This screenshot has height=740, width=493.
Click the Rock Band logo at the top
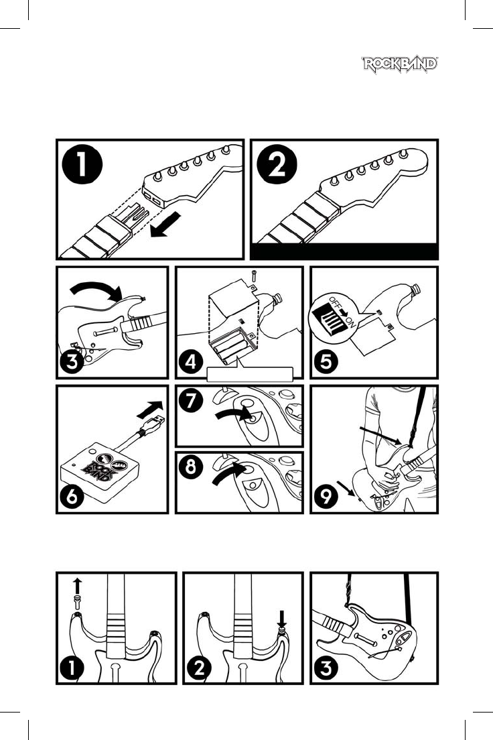[400, 64]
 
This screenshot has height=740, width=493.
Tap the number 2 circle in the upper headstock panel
[277, 165]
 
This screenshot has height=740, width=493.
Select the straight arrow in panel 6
[150, 409]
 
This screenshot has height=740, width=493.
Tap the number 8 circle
[191, 467]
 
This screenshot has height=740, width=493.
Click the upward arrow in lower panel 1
[78, 587]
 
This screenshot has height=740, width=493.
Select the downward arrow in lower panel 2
[282, 618]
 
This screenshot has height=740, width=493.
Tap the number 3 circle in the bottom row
[326, 668]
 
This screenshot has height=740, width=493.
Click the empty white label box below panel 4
[250, 374]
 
